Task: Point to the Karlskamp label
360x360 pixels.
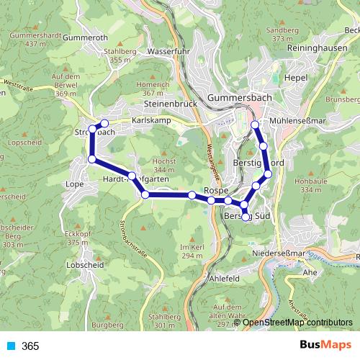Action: click(x=151, y=120)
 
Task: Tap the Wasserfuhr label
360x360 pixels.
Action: click(x=166, y=52)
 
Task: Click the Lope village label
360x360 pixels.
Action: click(x=75, y=184)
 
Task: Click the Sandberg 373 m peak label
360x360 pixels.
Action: click(x=282, y=35)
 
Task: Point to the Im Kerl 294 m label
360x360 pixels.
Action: click(x=192, y=251)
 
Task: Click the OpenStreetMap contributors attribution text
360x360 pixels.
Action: click(x=297, y=323)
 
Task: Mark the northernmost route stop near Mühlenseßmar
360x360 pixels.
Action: click(x=254, y=125)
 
